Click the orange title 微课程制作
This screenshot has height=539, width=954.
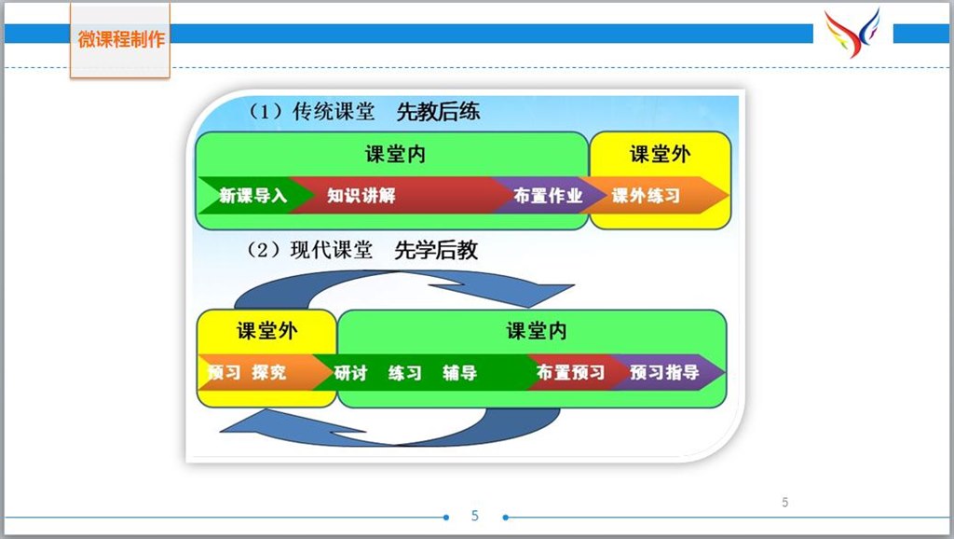[x=121, y=39]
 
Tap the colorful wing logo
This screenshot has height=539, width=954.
[x=852, y=33]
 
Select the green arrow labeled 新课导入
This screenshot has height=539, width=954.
[x=252, y=196]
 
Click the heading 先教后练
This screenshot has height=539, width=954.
[x=438, y=112]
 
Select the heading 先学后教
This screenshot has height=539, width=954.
[x=436, y=250]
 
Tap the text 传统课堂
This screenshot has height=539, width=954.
[x=334, y=112]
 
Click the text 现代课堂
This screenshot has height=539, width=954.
[x=332, y=250]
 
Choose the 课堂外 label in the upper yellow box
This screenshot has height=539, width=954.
[x=661, y=154]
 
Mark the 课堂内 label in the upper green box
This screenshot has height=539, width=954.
[x=395, y=154]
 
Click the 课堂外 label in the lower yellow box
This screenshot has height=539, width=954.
[x=267, y=331]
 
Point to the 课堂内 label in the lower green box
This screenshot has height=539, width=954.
[x=537, y=331]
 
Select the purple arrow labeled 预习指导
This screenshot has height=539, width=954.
[x=666, y=372]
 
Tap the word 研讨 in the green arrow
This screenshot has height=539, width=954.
[x=351, y=373]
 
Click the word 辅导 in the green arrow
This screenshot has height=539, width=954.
[x=460, y=373]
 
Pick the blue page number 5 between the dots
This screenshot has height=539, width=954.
[x=475, y=516]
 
